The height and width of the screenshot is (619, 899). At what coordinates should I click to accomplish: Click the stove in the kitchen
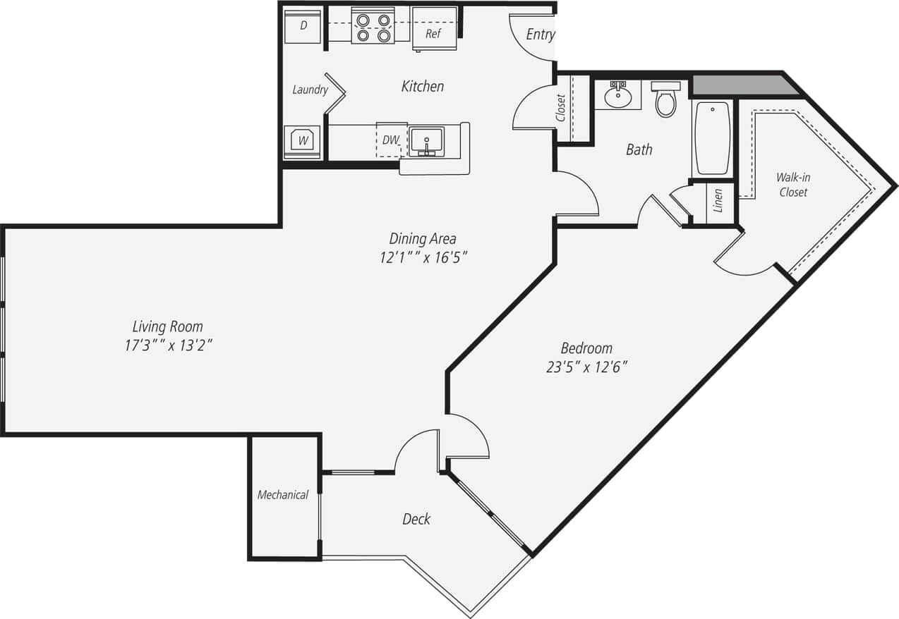point(373,27)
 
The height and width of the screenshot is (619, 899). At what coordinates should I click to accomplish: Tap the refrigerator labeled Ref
point(433,31)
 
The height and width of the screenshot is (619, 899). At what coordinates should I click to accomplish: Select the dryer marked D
point(303,27)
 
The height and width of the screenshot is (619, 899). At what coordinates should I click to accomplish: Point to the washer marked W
point(302,140)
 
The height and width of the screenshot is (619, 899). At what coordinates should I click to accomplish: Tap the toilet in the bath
point(665,100)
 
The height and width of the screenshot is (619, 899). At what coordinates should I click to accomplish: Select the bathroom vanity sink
point(617,97)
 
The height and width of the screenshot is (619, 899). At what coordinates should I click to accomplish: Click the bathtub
point(712,137)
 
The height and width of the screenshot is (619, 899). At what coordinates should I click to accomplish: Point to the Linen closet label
point(718,201)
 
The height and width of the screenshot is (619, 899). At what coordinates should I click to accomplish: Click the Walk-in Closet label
point(793,185)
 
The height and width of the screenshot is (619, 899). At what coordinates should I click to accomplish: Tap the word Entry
point(540,35)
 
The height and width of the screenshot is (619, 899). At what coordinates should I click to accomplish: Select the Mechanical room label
point(282,495)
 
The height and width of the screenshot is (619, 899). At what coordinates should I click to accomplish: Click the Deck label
point(416,520)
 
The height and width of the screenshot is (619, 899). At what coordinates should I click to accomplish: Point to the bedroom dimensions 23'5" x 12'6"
point(586,367)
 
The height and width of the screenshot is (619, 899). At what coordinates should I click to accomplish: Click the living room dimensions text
point(168,345)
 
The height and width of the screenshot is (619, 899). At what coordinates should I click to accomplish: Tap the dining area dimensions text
point(423,257)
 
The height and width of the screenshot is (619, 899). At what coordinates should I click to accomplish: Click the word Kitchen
point(423,87)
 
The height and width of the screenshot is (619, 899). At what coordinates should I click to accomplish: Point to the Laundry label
point(310,90)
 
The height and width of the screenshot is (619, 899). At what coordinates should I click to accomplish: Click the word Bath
point(639,149)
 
